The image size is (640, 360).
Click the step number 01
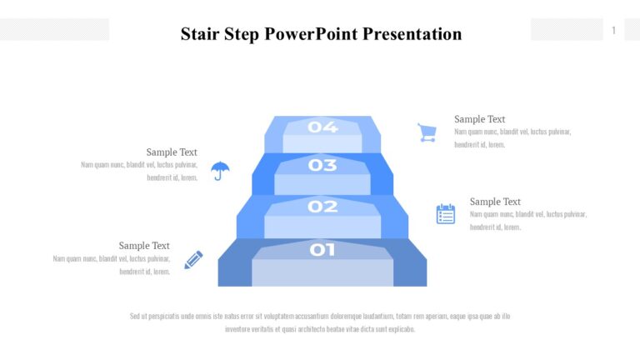point(322,249)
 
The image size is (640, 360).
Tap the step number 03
point(322,165)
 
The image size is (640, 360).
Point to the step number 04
point(322,127)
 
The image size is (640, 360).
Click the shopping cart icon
point(427,132)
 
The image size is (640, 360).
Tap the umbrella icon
point(220,171)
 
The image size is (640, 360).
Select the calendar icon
point(446,214)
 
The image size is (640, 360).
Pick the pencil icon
point(193,260)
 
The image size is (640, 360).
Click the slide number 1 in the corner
point(614,31)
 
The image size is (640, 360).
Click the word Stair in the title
point(198,34)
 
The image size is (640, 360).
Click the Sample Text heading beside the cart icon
point(479,119)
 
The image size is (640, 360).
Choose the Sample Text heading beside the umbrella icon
point(172,152)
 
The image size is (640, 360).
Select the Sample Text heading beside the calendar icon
point(495,202)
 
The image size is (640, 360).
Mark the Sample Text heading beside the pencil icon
point(144,246)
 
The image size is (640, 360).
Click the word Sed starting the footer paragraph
point(135,317)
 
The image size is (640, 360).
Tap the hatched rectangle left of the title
point(54,30)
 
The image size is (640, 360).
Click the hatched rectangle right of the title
point(567,30)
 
